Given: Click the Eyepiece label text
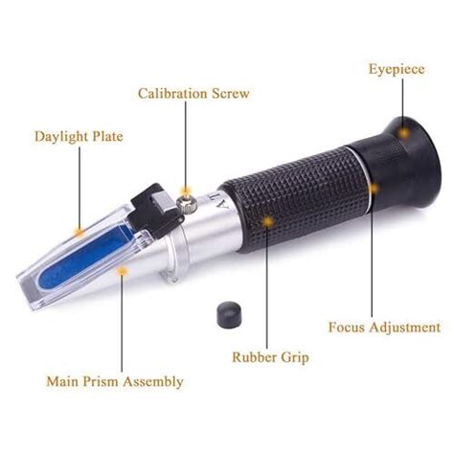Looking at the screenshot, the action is [x=397, y=70].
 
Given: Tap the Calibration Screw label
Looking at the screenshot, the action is [x=193, y=94].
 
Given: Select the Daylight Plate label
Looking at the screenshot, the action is [x=79, y=137].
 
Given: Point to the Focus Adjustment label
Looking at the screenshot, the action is [x=384, y=328].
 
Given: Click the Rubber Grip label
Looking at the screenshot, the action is [x=270, y=357].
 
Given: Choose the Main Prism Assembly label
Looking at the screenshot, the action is [x=115, y=382].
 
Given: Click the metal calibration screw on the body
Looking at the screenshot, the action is [x=186, y=202].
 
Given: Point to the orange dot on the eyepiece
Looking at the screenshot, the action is [x=404, y=132].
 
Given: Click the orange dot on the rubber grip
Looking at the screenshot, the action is [x=267, y=221].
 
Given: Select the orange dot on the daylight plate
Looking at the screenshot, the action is [x=79, y=232].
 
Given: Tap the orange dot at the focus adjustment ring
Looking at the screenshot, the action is [x=373, y=189].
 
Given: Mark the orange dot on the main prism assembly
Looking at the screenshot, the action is [x=122, y=271].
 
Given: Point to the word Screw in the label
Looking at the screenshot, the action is [x=231, y=94].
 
